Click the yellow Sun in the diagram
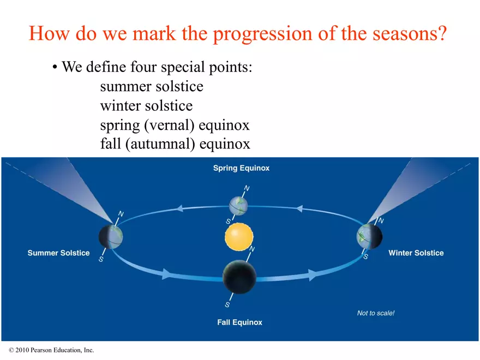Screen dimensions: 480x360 click(239, 237)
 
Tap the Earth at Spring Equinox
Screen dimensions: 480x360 click(238, 206)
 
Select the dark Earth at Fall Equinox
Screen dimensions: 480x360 click(239, 277)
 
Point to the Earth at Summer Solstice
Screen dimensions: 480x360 click(111, 237)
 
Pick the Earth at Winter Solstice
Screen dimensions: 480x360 click(369, 236)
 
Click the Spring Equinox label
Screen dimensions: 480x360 click(241, 168)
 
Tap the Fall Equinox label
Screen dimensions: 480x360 click(239, 322)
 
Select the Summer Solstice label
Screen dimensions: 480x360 click(58, 253)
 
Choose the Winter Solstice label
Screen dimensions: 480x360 click(416, 253)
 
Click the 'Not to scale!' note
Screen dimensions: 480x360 click(376, 313)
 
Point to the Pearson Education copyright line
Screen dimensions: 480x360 click(51, 350)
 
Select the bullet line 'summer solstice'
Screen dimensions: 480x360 click(152, 87)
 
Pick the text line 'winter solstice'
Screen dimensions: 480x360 click(146, 106)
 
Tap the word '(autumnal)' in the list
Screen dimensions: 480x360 click(160, 145)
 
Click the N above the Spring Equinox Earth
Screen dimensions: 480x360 click(247, 188)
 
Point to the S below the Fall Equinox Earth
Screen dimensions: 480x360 click(227, 304)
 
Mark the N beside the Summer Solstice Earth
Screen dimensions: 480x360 click(121, 214)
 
